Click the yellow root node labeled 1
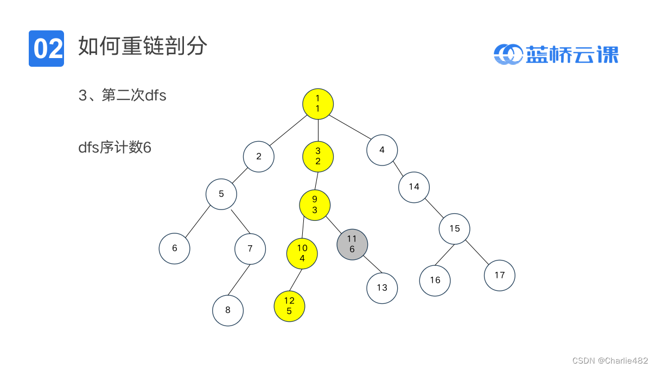318,104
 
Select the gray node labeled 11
352,244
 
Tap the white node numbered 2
259,157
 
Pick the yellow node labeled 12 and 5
289,306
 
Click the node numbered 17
499,275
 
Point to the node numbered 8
228,310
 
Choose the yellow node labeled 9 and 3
315,205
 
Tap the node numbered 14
414,187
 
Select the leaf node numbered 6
175,249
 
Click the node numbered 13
382,288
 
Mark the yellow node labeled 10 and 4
302,253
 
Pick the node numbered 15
455,229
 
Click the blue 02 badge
46,49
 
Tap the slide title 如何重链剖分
143,47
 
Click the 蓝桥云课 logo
556,54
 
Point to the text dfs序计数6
114,147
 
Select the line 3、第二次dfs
123,96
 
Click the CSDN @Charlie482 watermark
610,360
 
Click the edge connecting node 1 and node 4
351,128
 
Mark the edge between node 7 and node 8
239,280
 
